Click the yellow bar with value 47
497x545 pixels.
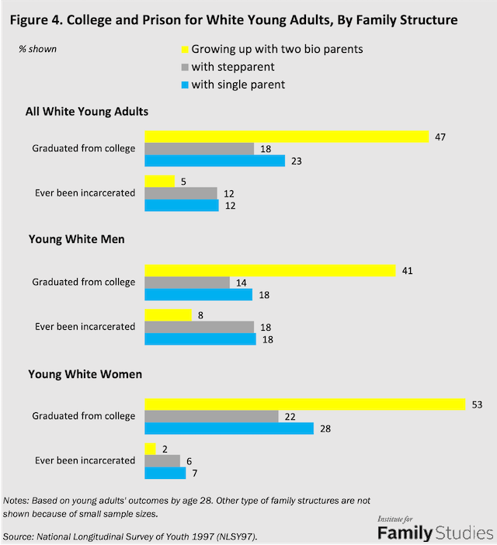[x=287, y=137]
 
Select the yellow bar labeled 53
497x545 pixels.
[x=304, y=404]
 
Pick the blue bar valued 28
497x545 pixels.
[x=229, y=429]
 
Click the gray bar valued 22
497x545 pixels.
[x=211, y=416]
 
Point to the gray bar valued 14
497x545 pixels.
[x=187, y=283]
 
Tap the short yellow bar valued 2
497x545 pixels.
[x=151, y=448]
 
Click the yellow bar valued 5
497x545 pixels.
[x=160, y=181]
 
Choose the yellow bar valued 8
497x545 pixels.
[x=168, y=314]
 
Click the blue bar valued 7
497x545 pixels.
[x=165, y=473]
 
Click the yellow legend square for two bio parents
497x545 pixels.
[x=185, y=50]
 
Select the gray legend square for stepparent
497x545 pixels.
[x=185, y=67]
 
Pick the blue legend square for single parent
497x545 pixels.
[x=185, y=84]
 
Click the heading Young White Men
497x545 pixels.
[x=77, y=239]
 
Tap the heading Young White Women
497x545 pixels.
[x=85, y=373]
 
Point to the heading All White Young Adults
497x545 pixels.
[x=89, y=112]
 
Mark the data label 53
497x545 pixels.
[x=478, y=404]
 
